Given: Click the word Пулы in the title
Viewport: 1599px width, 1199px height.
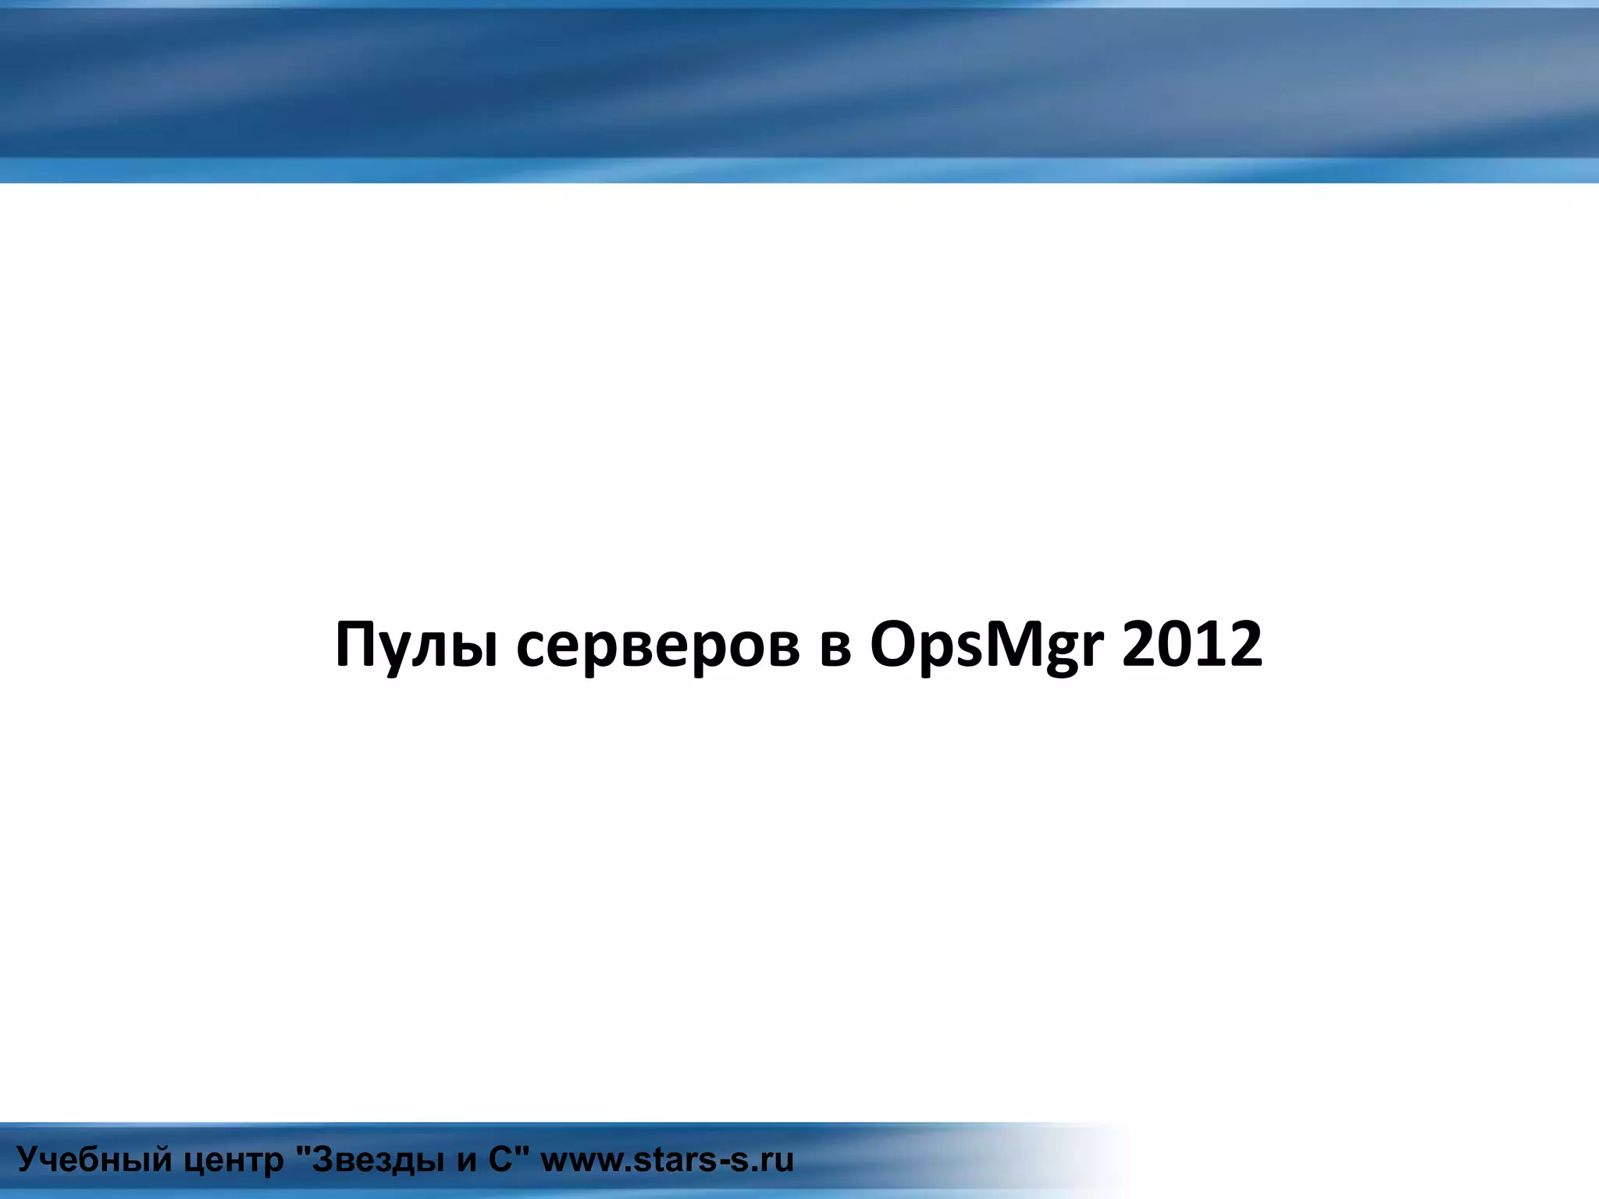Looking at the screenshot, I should click(x=416, y=646).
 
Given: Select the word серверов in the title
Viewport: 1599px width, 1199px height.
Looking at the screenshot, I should click(x=658, y=646).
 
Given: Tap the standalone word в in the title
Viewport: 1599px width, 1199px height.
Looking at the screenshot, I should click(x=835, y=647).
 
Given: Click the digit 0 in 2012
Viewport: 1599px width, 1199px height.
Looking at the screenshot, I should click(x=1175, y=644).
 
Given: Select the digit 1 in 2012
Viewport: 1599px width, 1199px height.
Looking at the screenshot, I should click(x=1210, y=644).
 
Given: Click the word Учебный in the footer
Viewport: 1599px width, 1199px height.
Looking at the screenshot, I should click(x=94, y=1160).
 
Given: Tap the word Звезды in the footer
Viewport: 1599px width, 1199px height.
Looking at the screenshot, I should click(x=379, y=1160).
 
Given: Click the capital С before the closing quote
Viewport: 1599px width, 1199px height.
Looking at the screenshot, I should click(x=500, y=1159).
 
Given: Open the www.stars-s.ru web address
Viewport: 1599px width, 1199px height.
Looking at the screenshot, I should click(x=667, y=1160).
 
